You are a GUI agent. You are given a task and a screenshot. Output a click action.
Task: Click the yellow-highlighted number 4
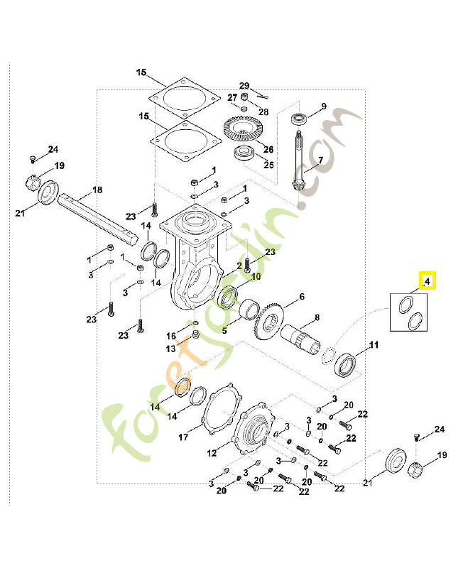click(x=427, y=282)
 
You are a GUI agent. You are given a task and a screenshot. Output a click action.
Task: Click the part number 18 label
click(x=97, y=190)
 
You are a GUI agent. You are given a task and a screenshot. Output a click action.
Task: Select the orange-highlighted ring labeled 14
click(x=181, y=386)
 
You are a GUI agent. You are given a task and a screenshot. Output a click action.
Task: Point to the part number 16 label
click(x=171, y=336)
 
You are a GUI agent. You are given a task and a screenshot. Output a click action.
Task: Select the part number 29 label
click(x=244, y=85)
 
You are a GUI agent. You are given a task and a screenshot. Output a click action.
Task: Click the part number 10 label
click(x=256, y=277)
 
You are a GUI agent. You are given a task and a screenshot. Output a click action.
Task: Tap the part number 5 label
click(x=224, y=330)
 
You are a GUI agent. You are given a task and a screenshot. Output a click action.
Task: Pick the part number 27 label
click(x=232, y=97)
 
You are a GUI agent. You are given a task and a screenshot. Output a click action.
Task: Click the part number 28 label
click(x=263, y=112)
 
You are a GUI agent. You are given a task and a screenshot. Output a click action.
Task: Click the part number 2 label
click(x=239, y=266)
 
